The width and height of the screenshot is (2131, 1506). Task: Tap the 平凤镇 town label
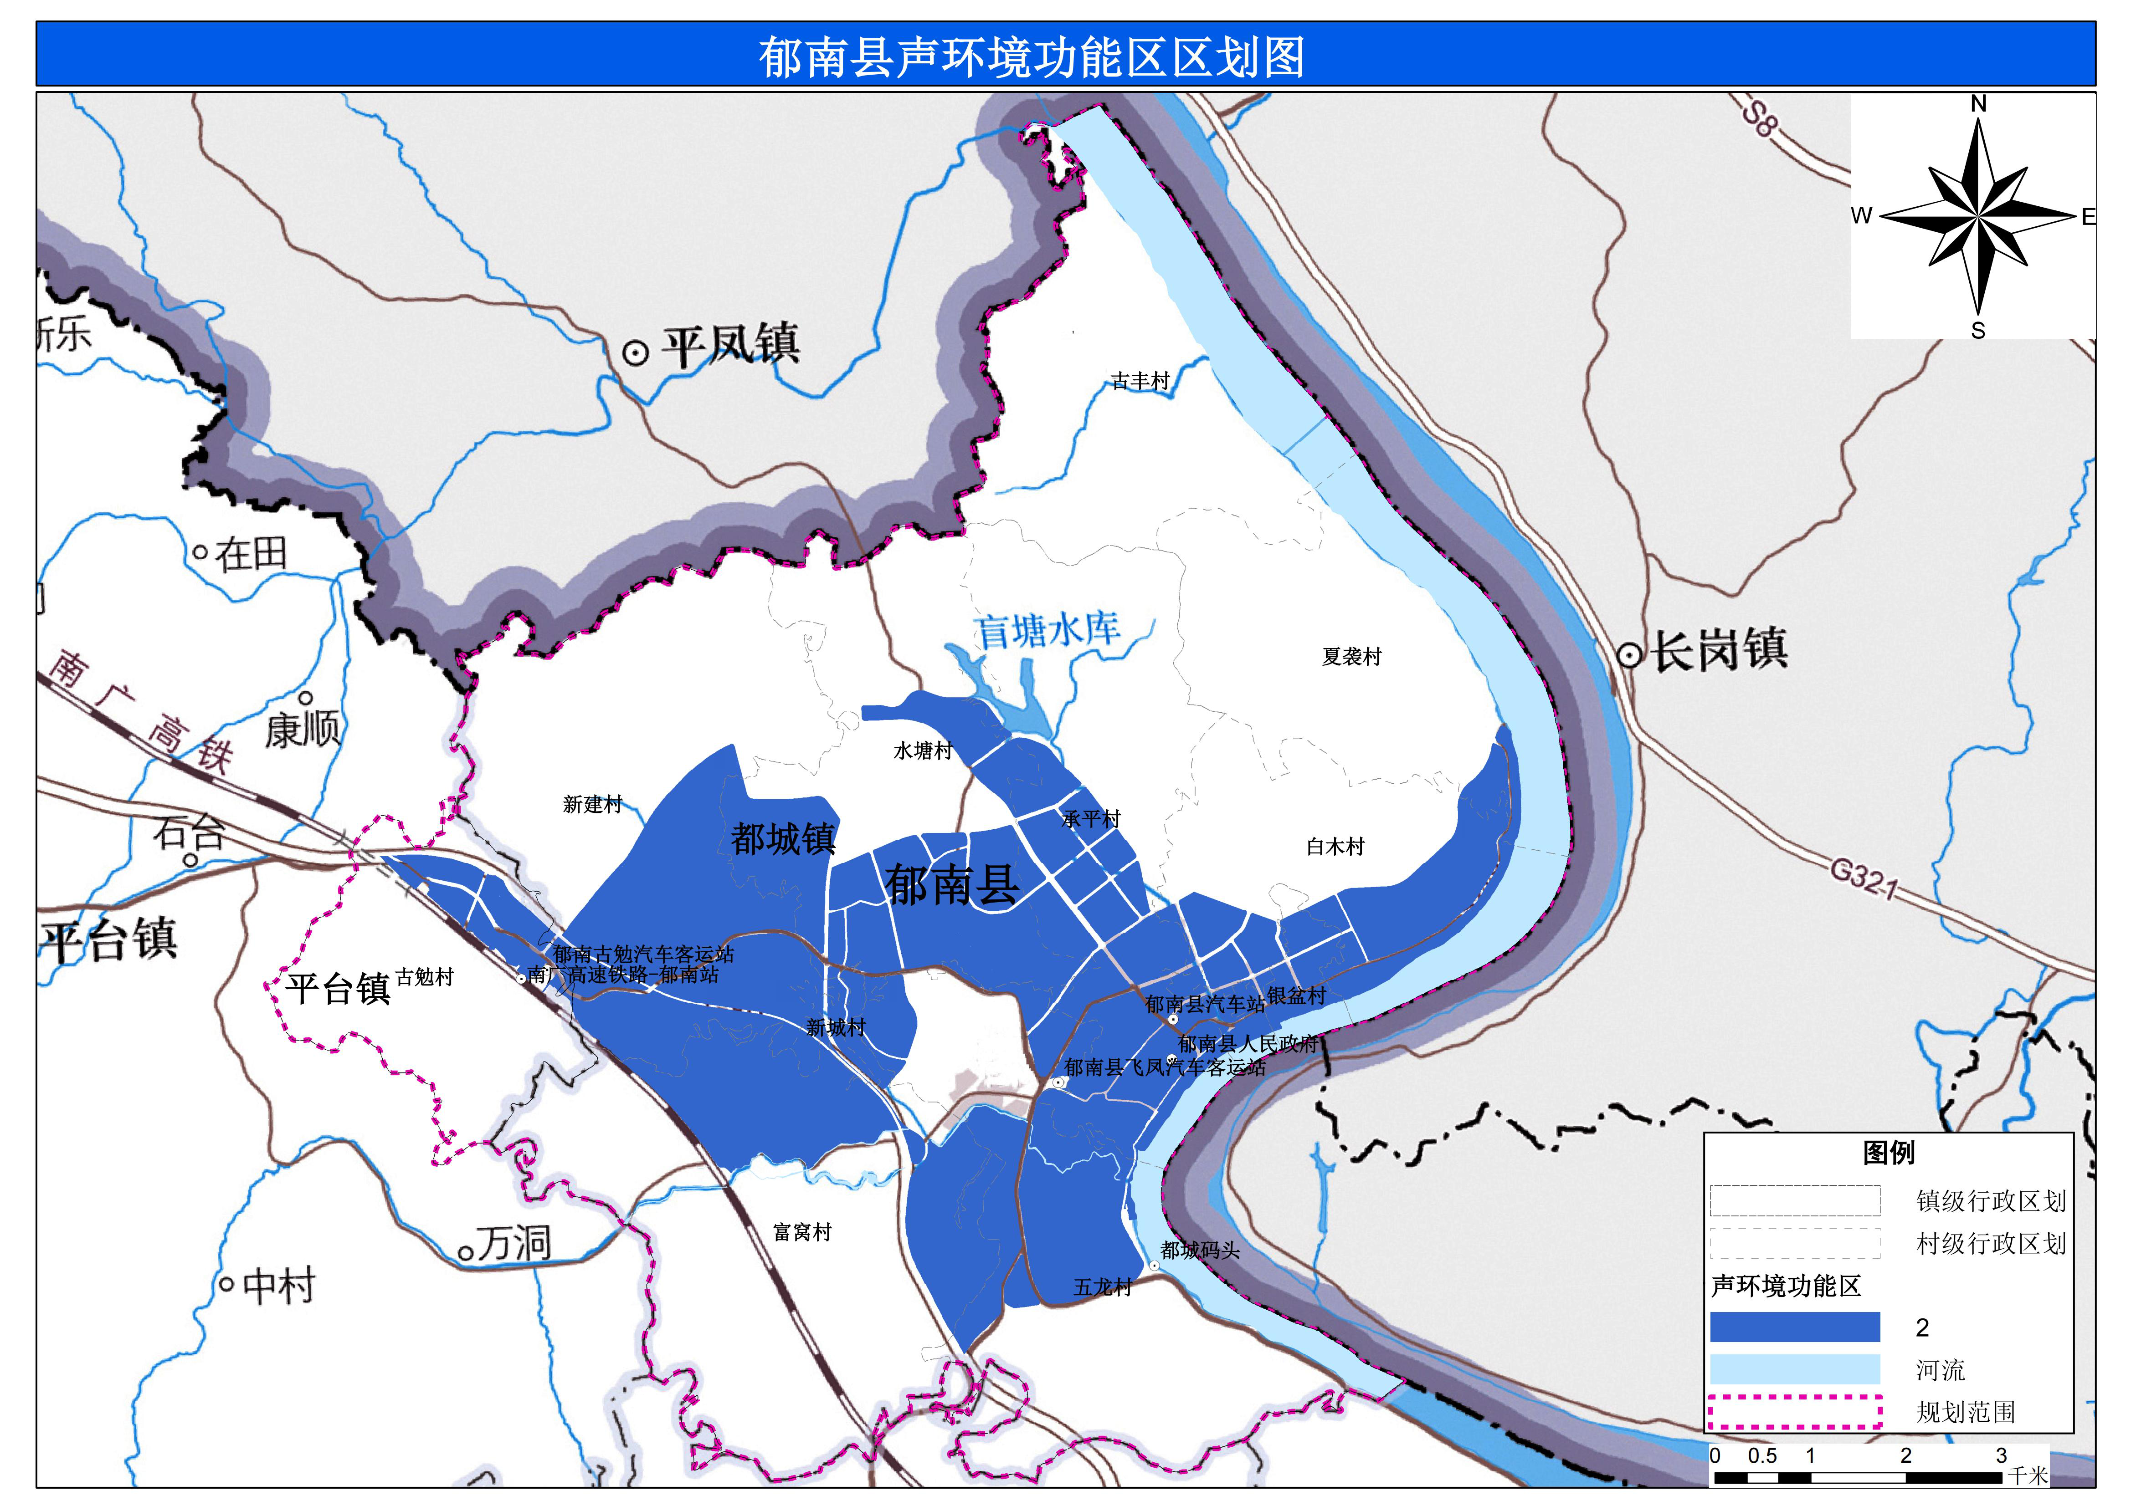729,345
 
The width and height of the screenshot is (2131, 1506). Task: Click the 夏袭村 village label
1351,657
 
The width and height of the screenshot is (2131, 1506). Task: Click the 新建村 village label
592,805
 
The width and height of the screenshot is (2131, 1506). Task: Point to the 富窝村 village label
802,1232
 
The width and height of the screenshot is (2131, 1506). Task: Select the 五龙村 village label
1103,1287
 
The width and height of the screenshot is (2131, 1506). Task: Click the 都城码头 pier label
1200,1251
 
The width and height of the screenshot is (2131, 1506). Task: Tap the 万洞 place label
513,1243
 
